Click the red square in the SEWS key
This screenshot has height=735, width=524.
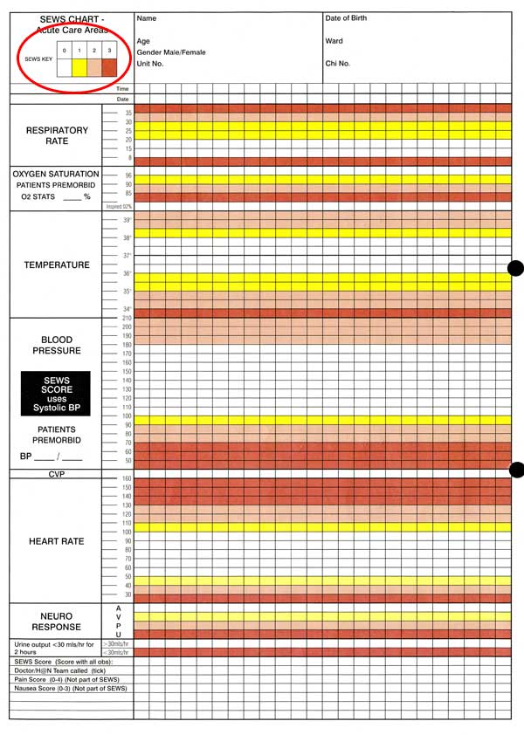click(109, 65)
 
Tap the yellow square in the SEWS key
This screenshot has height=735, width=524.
click(79, 65)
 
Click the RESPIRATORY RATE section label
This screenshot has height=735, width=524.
click(57, 135)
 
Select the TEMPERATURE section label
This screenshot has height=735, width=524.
click(57, 264)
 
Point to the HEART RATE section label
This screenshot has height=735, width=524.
click(57, 541)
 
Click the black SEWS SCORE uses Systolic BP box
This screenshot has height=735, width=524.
click(58, 395)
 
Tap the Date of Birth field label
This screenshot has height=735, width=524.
click(346, 18)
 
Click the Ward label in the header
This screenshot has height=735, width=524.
click(334, 41)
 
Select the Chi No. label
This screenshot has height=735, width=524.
click(337, 64)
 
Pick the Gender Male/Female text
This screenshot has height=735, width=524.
click(171, 52)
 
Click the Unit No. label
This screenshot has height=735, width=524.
click(150, 64)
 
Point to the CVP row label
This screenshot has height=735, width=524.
click(57, 474)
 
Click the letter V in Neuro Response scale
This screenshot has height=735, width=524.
click(118, 616)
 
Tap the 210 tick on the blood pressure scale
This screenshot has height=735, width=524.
click(126, 318)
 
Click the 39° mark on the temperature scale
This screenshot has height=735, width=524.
click(127, 220)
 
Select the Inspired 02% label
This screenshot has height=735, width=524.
click(119, 207)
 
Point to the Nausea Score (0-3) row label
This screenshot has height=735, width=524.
click(71, 689)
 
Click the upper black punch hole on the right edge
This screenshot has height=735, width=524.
click(515, 268)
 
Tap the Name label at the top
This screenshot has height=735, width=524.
click(147, 18)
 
